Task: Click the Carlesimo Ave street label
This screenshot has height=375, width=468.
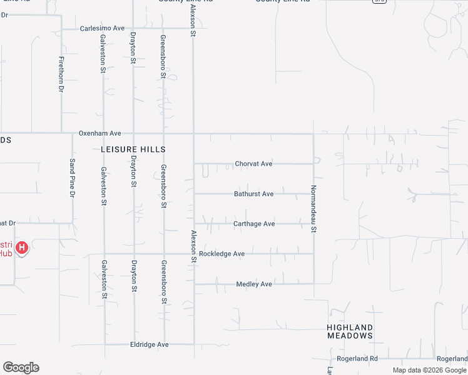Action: pyautogui.click(x=102, y=29)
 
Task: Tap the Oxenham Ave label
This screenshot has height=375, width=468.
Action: pyautogui.click(x=99, y=133)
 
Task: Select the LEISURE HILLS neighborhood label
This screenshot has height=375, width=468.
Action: pyautogui.click(x=133, y=149)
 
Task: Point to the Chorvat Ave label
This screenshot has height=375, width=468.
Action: pyautogui.click(x=253, y=164)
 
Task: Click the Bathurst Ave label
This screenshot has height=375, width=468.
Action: pyautogui.click(x=253, y=194)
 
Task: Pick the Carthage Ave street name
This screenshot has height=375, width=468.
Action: pyautogui.click(x=253, y=224)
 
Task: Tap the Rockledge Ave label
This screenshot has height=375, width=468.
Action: pyautogui.click(x=221, y=254)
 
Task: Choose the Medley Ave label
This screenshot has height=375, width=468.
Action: pyautogui.click(x=253, y=284)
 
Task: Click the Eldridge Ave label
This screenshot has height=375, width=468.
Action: pyautogui.click(x=149, y=344)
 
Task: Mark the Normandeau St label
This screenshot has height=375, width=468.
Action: pyautogui.click(x=314, y=209)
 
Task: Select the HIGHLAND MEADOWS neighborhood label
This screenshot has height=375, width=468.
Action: pyautogui.click(x=350, y=331)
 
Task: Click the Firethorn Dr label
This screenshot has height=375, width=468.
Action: pyautogui.click(x=61, y=75)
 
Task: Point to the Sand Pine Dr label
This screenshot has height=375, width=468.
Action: pyautogui.click(x=72, y=177)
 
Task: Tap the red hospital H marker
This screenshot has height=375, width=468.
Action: pyautogui.click(x=22, y=248)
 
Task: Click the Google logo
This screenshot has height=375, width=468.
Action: pyautogui.click(x=21, y=367)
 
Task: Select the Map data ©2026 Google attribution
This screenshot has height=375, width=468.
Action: pyautogui.click(x=430, y=370)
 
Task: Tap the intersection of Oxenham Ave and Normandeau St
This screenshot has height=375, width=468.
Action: pyautogui.click(x=313, y=133)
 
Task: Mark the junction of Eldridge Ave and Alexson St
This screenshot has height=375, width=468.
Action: pyautogui.click(x=194, y=344)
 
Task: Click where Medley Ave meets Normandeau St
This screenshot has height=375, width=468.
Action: pyautogui.click(x=313, y=284)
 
